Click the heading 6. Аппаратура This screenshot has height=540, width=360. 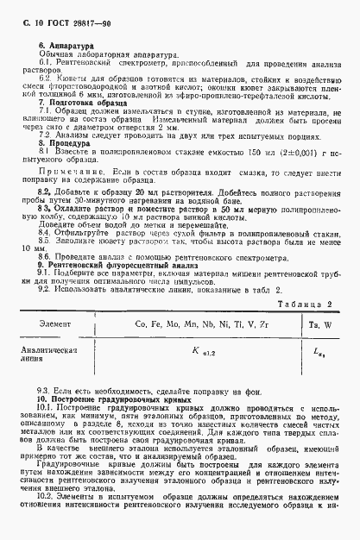(x=67, y=43)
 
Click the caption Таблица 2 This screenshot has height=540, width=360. (x=309, y=305)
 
